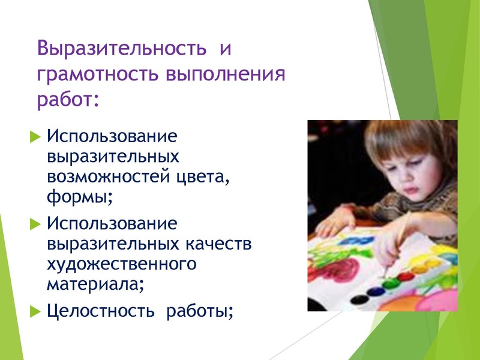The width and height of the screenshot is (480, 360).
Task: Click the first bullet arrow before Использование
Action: pyautogui.click(x=34, y=136)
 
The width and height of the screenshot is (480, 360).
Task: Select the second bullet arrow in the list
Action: pyautogui.click(x=34, y=224)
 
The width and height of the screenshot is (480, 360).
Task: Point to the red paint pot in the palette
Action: pyautogui.click(x=407, y=277)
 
